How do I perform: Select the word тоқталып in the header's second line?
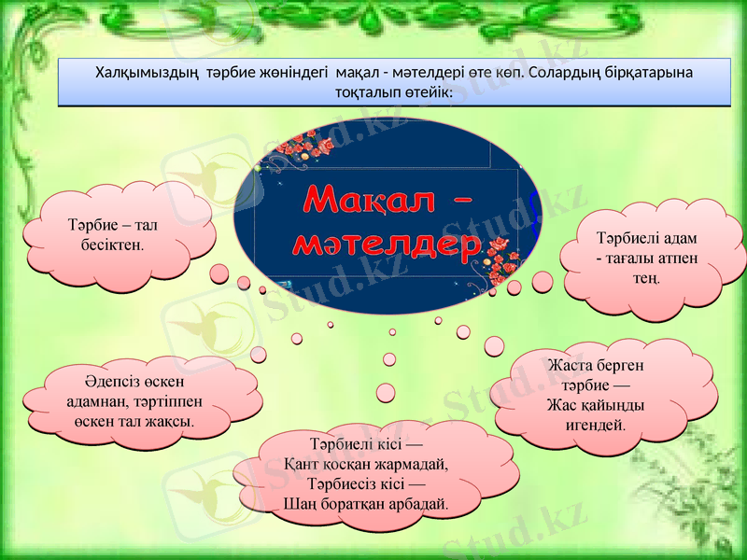(x=366, y=92)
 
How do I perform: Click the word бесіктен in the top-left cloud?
(x=112, y=244)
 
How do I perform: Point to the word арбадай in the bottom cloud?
(x=416, y=503)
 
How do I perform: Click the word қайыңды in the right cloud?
(x=614, y=405)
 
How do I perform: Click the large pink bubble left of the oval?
(x=219, y=273)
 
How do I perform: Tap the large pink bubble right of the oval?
(x=542, y=282)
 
